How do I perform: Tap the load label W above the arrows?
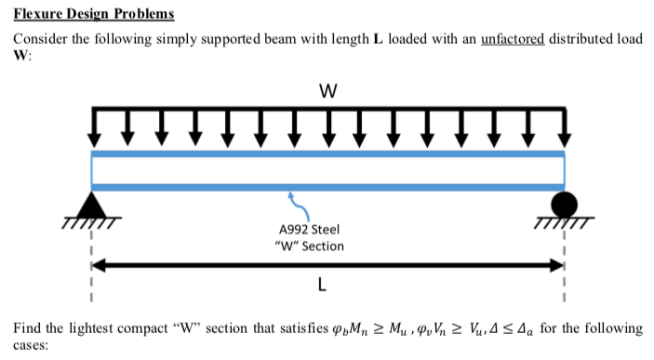[x=327, y=92]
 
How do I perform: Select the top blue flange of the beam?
[x=327, y=153]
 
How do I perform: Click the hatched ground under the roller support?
[x=564, y=221]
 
